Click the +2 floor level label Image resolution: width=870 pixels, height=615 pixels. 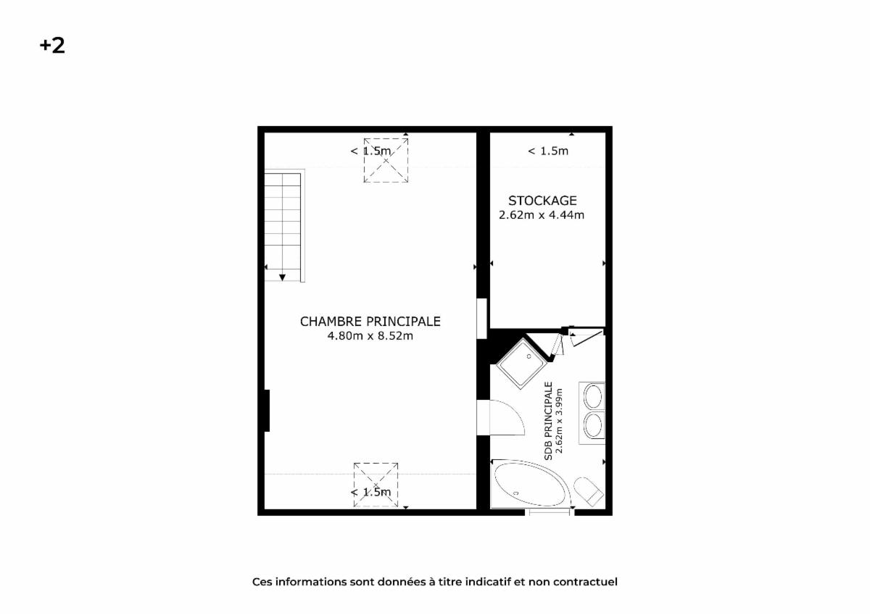click(x=52, y=46)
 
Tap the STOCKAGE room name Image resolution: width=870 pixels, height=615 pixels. click(x=542, y=201)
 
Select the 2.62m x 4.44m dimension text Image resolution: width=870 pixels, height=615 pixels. click(x=542, y=215)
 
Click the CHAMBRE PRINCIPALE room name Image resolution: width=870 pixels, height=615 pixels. click(x=370, y=322)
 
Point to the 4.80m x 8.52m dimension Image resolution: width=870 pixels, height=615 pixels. click(x=370, y=335)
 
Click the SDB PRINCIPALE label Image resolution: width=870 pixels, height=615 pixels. click(x=548, y=421)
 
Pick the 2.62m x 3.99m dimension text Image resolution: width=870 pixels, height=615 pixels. click(x=559, y=421)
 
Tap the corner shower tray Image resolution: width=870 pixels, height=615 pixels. click(x=521, y=363)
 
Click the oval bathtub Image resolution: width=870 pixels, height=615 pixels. click(x=530, y=485)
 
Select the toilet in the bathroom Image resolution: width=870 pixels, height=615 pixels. click(x=589, y=492)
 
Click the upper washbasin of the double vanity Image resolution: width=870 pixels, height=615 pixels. click(x=593, y=396)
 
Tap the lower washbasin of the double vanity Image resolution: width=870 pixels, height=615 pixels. click(x=593, y=426)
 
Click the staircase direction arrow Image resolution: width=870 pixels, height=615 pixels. click(x=282, y=277)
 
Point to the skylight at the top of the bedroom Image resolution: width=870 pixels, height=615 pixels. click(x=386, y=160)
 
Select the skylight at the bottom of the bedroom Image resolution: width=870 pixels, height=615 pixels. click(x=376, y=485)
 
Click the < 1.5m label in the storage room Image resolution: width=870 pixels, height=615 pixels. click(x=548, y=151)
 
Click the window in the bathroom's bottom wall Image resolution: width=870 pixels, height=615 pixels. click(x=550, y=512)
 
